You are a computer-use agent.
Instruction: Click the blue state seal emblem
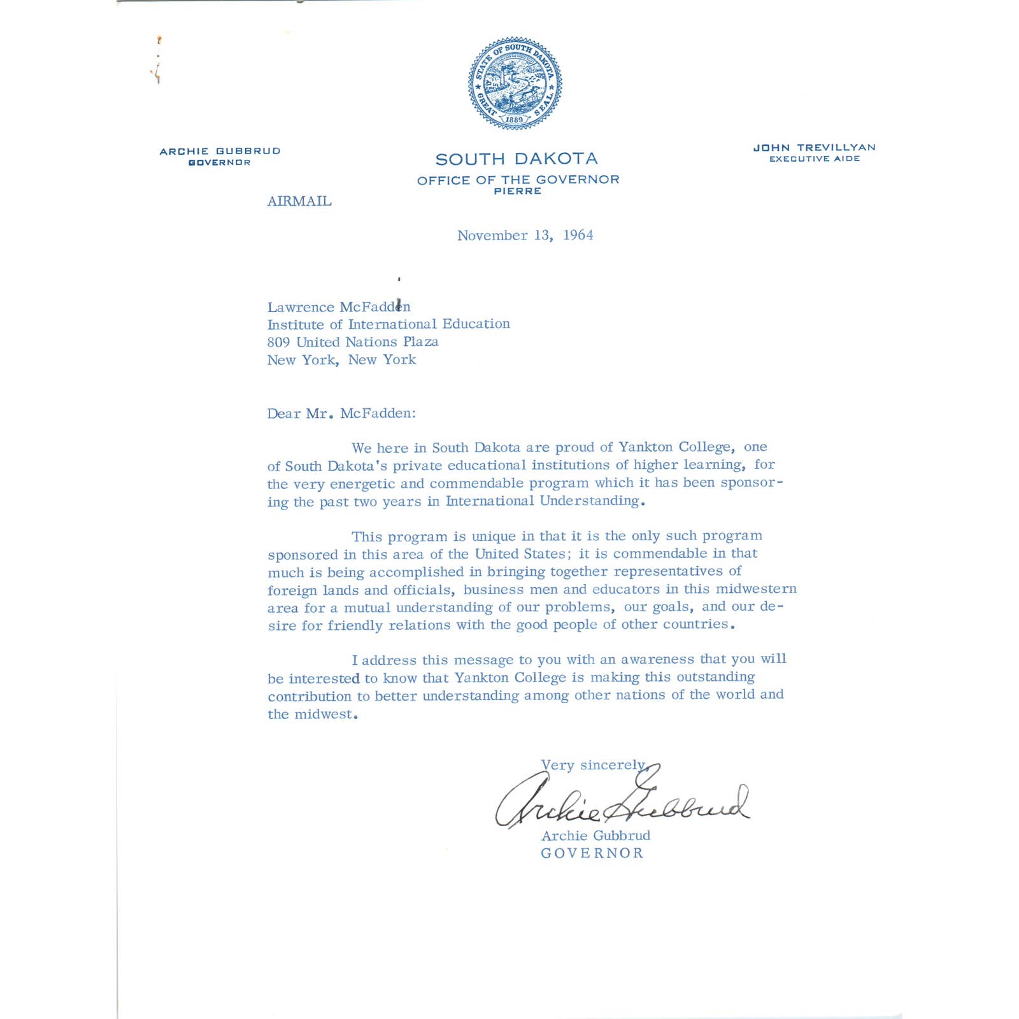coord(515,83)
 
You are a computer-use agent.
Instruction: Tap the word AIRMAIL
coord(299,201)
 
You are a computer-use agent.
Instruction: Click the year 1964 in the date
coord(578,235)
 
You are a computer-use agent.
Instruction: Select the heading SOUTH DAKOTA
coord(517,159)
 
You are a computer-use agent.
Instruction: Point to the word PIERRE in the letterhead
coord(517,191)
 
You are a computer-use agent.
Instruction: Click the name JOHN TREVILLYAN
coord(814,148)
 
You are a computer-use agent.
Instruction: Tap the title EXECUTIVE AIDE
coord(814,159)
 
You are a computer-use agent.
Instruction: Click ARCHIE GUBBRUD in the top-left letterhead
coord(220,151)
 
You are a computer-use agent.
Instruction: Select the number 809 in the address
coord(278,342)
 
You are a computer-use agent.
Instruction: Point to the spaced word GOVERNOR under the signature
coord(592,853)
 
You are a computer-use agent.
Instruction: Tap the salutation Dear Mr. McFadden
coord(341,413)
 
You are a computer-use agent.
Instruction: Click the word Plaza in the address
coord(420,342)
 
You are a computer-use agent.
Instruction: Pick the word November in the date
coord(492,236)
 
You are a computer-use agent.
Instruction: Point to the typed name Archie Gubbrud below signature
coord(595,836)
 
